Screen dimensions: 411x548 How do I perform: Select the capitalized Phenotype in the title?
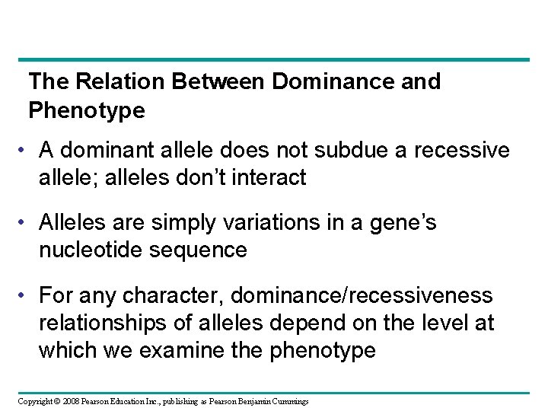pos(86,111)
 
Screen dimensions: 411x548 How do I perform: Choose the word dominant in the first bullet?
pos(116,150)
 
